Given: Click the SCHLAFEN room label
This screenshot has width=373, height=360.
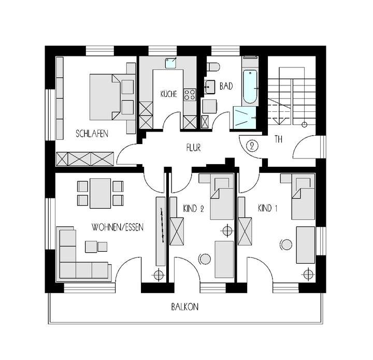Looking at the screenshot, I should click(x=92, y=134).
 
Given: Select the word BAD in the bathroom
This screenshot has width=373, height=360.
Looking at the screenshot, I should click(x=226, y=87).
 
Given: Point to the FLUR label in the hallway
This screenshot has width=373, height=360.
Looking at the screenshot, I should click(x=194, y=147).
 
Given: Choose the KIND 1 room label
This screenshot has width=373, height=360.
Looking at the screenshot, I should click(x=268, y=209).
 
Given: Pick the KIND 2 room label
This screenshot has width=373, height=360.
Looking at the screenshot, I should click(x=194, y=209).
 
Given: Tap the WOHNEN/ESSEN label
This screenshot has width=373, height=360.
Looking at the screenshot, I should click(x=117, y=227).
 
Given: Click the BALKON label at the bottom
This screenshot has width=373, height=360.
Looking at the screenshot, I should click(x=185, y=307).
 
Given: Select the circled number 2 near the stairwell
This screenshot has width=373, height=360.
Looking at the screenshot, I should click(x=253, y=146).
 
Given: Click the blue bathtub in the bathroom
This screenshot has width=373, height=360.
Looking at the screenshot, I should click(x=250, y=87).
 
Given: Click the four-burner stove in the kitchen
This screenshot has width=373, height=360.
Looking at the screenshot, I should click(x=190, y=94).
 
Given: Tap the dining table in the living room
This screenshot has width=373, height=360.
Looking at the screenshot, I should click(x=100, y=192).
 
